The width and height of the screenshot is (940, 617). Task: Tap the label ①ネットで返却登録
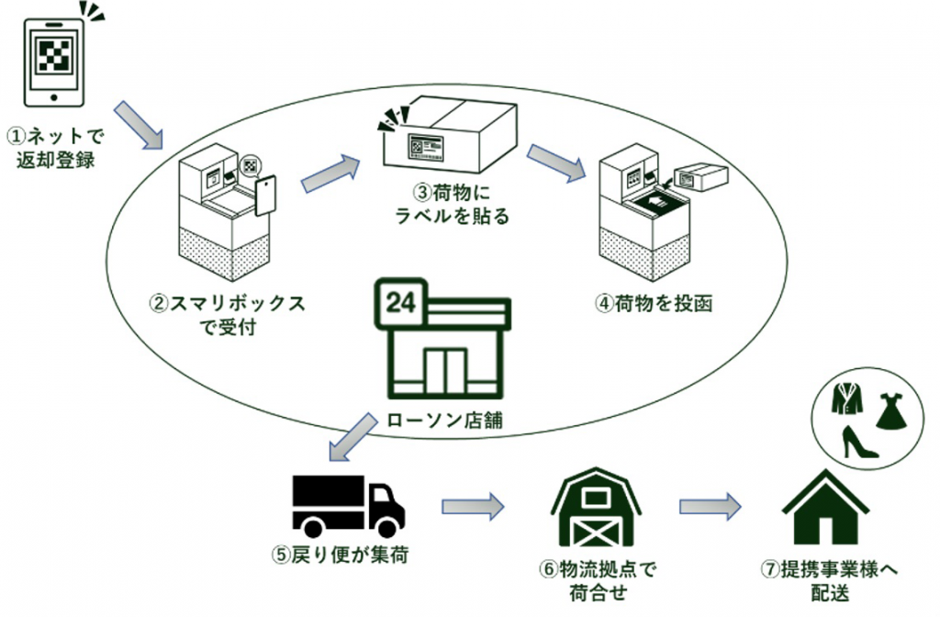click(x=56, y=147)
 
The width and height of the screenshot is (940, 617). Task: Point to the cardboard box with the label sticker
click(x=448, y=137)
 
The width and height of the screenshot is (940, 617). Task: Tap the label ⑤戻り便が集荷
click(x=345, y=555)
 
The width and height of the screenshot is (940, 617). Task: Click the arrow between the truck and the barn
click(x=474, y=506)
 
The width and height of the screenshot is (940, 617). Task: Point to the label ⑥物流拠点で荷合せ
click(x=598, y=580)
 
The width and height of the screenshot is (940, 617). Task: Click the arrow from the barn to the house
click(x=711, y=506)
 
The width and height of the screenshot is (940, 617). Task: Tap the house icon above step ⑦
click(x=826, y=510)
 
